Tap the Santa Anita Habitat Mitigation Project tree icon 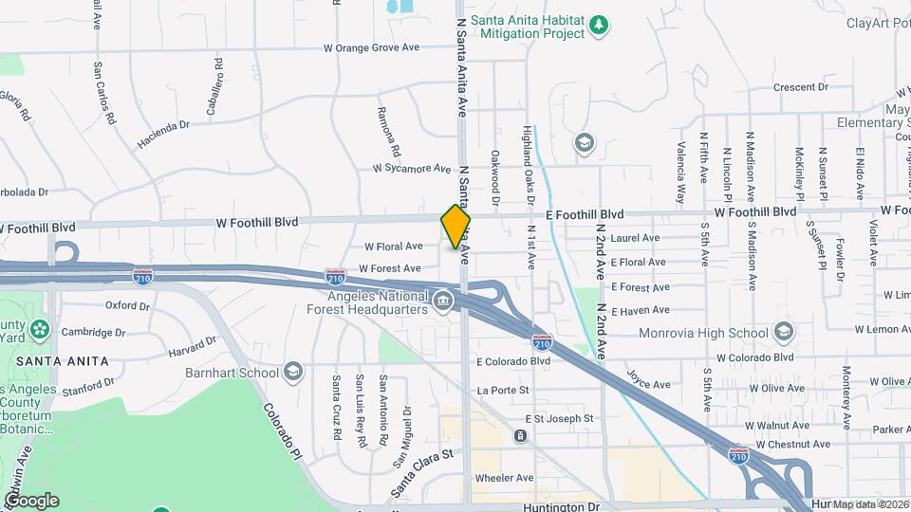click(598, 24)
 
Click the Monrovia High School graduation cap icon click(783, 332)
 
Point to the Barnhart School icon click(293, 372)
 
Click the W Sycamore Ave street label click(412, 168)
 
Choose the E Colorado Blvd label click(513, 361)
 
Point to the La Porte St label click(503, 390)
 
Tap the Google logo click(30, 501)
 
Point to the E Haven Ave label click(641, 311)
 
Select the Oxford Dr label click(128, 305)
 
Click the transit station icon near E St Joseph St click(520, 436)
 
